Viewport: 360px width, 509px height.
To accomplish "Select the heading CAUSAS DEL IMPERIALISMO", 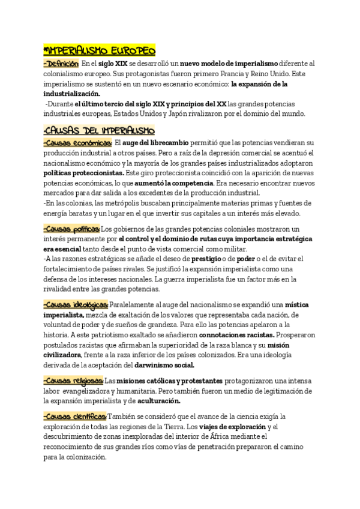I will pyautogui.click(x=99, y=130).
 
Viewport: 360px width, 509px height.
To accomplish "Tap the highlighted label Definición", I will pyautogui.click(x=61, y=63).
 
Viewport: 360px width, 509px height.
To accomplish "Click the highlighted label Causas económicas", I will pyautogui.click(x=77, y=143).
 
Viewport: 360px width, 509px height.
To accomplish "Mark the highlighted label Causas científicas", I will pyautogui.click(x=75, y=417).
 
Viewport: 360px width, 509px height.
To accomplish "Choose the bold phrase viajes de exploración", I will pyautogui.click(x=233, y=427).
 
